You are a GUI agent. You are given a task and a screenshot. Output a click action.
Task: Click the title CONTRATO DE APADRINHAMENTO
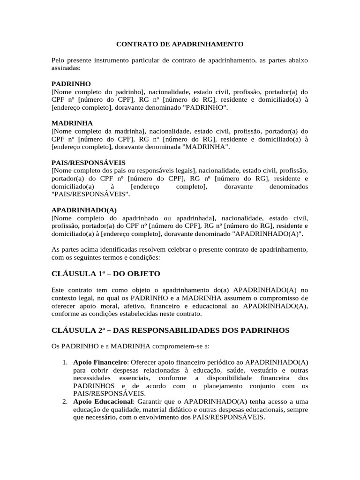point(180,45)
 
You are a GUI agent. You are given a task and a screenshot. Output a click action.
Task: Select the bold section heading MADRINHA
point(71,123)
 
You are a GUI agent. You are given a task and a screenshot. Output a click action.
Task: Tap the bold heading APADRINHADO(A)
point(84,210)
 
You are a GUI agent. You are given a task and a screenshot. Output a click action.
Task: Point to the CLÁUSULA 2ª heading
point(171,330)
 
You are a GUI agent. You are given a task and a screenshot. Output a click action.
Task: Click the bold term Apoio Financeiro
point(100,362)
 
